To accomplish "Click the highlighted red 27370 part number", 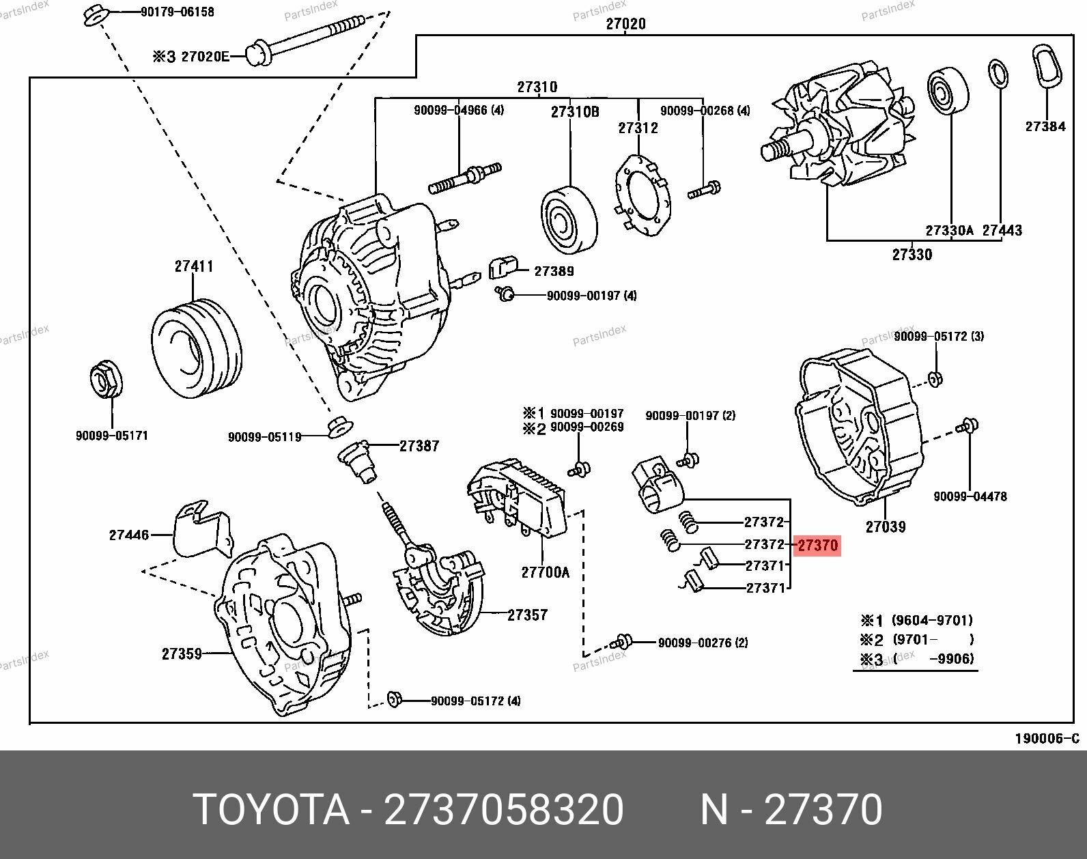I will tap(817, 546).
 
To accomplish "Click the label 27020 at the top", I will tap(625, 24).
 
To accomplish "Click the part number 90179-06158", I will tap(178, 12).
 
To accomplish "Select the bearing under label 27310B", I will tap(569, 219).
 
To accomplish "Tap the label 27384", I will tap(1045, 126).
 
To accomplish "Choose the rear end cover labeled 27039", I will tap(860, 427).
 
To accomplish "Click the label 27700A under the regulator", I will tap(545, 572).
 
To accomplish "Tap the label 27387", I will tap(419, 446).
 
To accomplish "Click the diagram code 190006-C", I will tap(1047, 739).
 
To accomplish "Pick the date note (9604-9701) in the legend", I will tap(932, 621).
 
